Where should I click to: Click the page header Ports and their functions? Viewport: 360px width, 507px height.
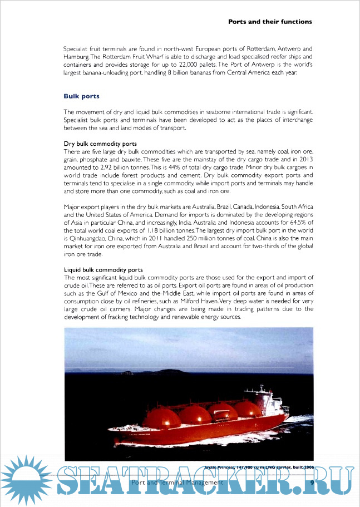tap(270, 22)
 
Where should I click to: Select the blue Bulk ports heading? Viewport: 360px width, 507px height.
tap(82, 96)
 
